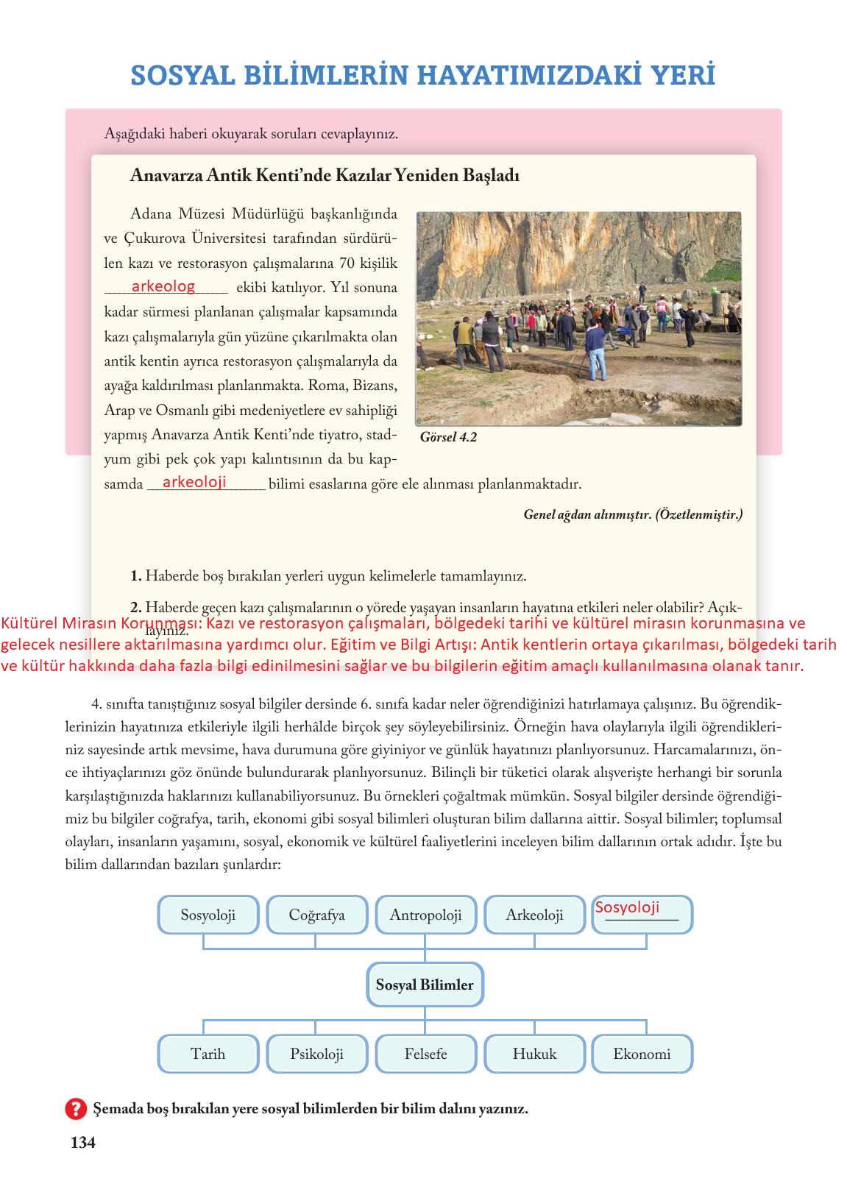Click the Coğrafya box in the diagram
point(316,915)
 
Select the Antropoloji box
point(425,915)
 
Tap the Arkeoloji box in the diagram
point(534,915)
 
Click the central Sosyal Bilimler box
point(425,985)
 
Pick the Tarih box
point(208,1054)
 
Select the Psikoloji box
point(316,1054)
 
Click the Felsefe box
point(425,1054)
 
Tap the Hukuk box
point(534,1054)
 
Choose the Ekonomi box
point(642,1054)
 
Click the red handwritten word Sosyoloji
point(627,907)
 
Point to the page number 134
point(82,1143)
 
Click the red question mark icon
point(76,1108)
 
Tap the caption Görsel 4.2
point(448,437)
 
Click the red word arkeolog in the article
point(163,286)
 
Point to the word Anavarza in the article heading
point(161,176)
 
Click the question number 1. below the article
point(135,576)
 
